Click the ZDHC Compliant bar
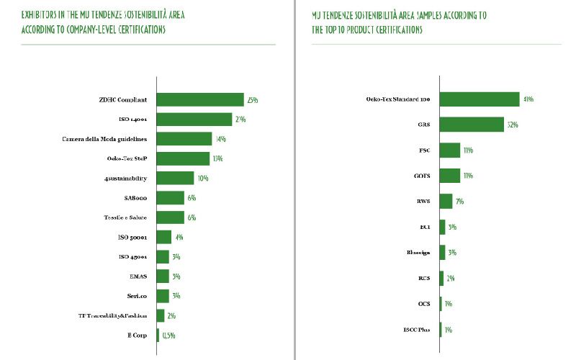tap(200, 99)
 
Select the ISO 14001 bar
tap(194, 119)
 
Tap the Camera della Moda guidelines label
tap(104, 139)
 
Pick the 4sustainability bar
tap(175, 178)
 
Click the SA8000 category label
tap(135, 198)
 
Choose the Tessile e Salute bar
tap(171, 217)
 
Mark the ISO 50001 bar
tap(164, 237)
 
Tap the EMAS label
tap(139, 276)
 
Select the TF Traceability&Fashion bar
tap(161, 315)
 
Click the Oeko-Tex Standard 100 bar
tap(479, 99)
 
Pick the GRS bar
tap(471, 125)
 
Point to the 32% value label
tap(513, 125)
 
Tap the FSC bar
tap(449, 150)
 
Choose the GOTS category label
tap(423, 176)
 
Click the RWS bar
tap(446, 201)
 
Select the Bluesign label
tap(419, 253)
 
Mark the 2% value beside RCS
tap(450, 279)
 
